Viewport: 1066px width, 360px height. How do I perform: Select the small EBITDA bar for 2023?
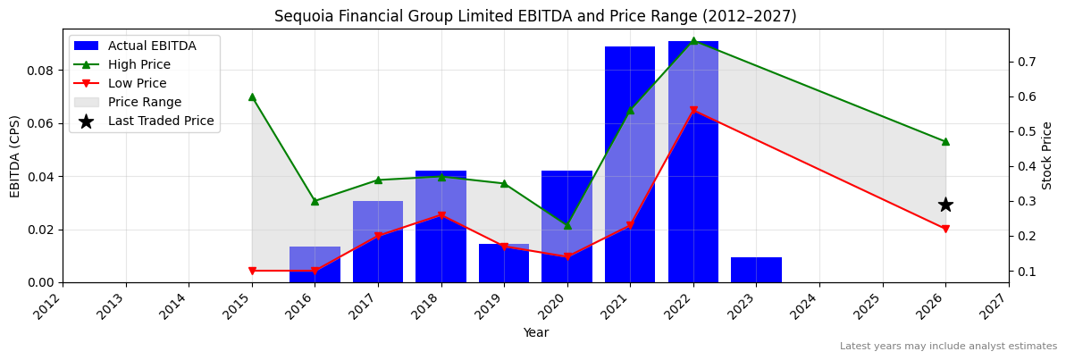(x=756, y=270)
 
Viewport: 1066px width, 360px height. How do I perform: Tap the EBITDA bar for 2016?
(x=315, y=264)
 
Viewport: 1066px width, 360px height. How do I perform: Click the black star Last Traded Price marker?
(x=945, y=205)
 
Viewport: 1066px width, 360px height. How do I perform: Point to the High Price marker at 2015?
(x=252, y=96)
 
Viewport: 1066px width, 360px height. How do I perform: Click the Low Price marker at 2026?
(x=945, y=229)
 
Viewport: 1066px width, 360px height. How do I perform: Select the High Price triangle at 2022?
(x=693, y=40)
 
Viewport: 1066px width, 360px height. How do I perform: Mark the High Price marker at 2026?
(x=945, y=141)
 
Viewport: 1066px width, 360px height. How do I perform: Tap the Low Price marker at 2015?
(x=252, y=271)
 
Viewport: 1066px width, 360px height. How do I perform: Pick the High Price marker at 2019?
(x=504, y=183)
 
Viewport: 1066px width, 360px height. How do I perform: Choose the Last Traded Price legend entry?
(x=161, y=121)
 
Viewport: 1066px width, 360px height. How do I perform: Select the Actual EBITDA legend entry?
(x=151, y=46)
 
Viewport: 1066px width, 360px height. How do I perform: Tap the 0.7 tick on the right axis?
(x=1024, y=62)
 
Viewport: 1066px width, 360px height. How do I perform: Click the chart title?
(x=535, y=16)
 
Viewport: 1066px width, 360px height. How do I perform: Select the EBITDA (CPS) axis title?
(x=15, y=155)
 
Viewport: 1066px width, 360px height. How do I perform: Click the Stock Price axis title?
(x=1047, y=155)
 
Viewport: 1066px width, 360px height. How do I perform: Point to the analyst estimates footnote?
(x=948, y=347)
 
